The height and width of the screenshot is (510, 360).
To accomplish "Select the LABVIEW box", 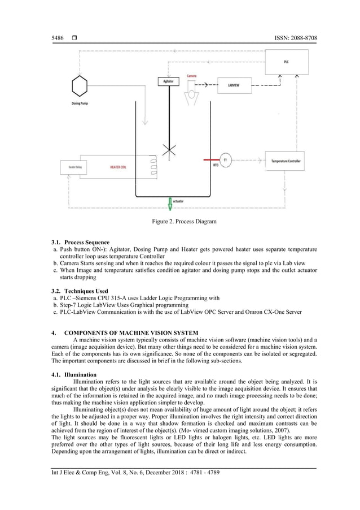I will pos(232,85).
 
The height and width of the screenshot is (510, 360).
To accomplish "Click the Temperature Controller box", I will pos(286,161).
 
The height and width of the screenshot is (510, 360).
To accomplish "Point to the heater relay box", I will pos(72,167).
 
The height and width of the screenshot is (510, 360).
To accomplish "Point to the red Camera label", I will pos(192,76).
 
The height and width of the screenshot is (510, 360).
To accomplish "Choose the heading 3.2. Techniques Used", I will pos(80,291).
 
